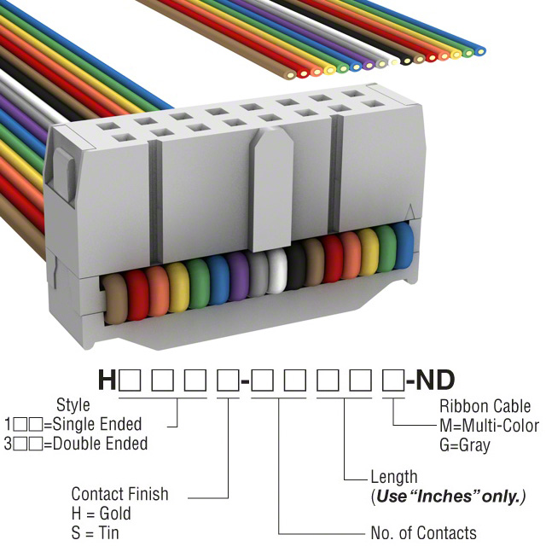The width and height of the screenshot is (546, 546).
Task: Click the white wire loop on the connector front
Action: (x=276, y=273)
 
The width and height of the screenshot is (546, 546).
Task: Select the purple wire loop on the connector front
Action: (x=240, y=279)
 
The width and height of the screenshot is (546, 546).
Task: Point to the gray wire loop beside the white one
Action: (x=259, y=276)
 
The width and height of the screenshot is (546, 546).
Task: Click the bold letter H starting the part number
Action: (x=107, y=380)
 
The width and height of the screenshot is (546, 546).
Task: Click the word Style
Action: (x=73, y=404)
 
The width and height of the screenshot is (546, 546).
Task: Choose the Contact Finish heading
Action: (x=119, y=494)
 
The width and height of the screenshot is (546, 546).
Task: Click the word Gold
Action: (x=115, y=514)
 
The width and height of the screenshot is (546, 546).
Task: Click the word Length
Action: (x=394, y=477)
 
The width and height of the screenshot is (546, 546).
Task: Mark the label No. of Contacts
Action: (x=424, y=533)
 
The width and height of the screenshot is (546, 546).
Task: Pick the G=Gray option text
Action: (x=465, y=444)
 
